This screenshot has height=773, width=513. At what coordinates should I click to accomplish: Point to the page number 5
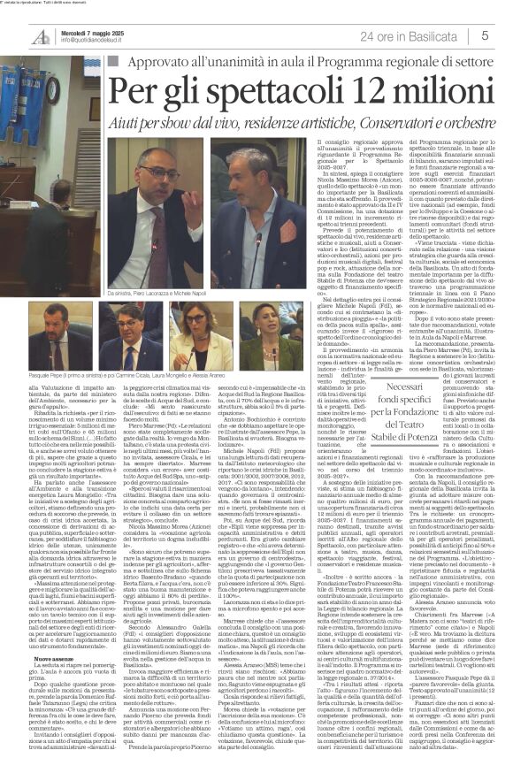[486, 35]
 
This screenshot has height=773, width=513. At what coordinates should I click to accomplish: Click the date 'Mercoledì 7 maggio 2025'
[91, 33]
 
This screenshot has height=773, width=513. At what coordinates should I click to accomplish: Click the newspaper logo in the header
[41, 37]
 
